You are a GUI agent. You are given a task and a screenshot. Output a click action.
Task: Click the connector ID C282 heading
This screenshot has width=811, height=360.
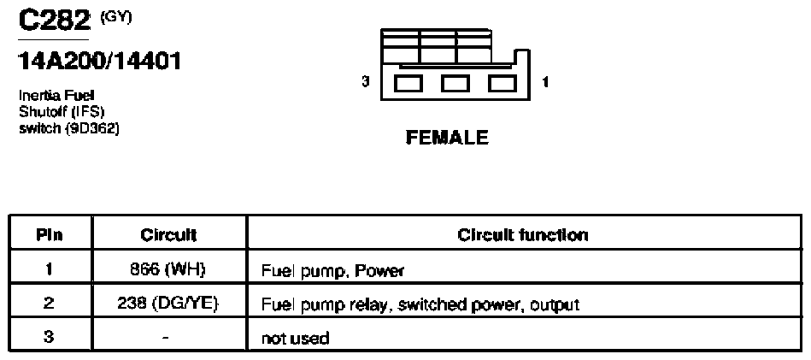coord(54,21)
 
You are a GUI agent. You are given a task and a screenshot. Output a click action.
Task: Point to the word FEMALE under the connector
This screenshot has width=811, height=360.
coord(448,137)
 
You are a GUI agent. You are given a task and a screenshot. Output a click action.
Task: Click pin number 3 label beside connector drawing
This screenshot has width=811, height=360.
coord(366,81)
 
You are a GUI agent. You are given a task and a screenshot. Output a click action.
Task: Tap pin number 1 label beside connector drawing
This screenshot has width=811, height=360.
coord(546,81)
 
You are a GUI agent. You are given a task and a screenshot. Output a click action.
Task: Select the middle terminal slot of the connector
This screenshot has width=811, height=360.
coord(455,84)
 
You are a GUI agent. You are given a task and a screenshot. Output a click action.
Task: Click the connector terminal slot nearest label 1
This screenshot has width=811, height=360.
coord(502,84)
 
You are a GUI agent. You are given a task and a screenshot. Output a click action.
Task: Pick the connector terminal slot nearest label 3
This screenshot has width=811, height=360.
coord(408,84)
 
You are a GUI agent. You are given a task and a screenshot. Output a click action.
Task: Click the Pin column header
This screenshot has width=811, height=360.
coord(50,235)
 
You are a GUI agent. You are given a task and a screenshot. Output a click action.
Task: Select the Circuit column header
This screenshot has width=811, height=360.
coord(168,235)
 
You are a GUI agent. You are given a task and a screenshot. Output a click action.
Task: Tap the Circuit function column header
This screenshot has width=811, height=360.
coord(523,235)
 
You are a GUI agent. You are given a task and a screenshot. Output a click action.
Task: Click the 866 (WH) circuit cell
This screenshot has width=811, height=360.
coord(169,269)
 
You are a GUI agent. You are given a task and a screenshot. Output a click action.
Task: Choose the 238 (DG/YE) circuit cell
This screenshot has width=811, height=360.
coord(169,304)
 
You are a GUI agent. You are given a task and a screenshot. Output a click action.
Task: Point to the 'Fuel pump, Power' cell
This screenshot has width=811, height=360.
coord(332,270)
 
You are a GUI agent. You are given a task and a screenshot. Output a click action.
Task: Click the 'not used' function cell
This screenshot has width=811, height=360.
coord(296,339)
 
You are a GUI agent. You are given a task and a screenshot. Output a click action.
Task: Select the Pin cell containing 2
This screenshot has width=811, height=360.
coord(49,304)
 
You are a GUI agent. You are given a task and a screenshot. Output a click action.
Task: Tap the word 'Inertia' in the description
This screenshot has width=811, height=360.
coord(36,96)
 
